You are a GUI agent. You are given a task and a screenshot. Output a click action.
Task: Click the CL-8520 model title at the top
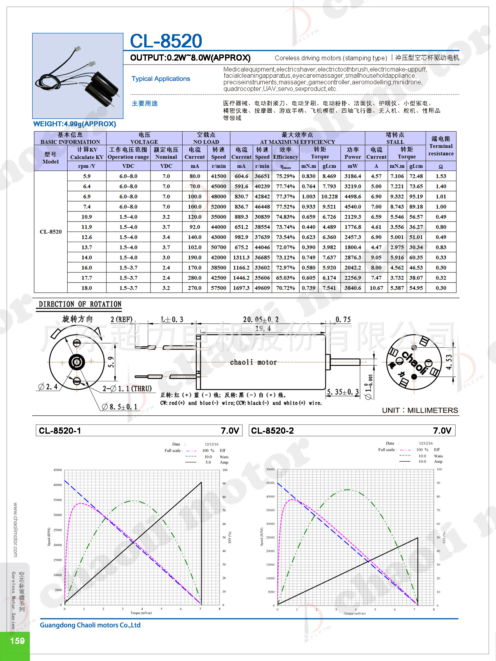pyautogui.click(x=166, y=41)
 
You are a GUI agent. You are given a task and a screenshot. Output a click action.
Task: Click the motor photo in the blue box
pyautogui.click(x=78, y=76)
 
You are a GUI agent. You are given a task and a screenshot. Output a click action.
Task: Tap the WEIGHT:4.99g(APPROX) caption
pyautogui.click(x=75, y=124)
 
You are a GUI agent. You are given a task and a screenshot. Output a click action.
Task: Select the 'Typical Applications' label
pyautogui.click(x=161, y=78)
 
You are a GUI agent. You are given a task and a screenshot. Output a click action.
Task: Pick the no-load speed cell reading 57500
pyautogui.click(x=218, y=288)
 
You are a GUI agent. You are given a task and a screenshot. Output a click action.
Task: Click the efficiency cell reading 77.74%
pyautogui.click(x=285, y=187)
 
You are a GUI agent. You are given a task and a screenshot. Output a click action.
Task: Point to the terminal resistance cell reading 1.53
pyautogui.click(x=441, y=176)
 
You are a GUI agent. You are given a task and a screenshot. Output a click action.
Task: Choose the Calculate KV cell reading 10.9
pyautogui.click(x=87, y=217)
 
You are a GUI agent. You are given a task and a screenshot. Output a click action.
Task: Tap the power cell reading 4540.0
pyautogui.click(x=353, y=207)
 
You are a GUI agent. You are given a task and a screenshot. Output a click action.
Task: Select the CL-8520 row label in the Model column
pyautogui.click(x=51, y=232)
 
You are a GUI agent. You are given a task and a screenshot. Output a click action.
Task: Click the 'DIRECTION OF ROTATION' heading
pyautogui.click(x=80, y=304)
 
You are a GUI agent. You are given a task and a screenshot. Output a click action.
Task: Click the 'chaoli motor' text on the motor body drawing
pyautogui.click(x=253, y=362)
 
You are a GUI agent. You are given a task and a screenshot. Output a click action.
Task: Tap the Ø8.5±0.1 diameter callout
pyautogui.click(x=120, y=407)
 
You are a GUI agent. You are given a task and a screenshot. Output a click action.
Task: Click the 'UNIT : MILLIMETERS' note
pyautogui.click(x=420, y=410)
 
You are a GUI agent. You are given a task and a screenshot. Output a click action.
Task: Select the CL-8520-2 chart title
pyautogui.click(x=272, y=431)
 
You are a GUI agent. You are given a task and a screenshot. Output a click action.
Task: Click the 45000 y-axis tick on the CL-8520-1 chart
pyautogui.click(x=58, y=470)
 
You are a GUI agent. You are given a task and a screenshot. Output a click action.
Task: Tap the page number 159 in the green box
pyautogui.click(x=17, y=641)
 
